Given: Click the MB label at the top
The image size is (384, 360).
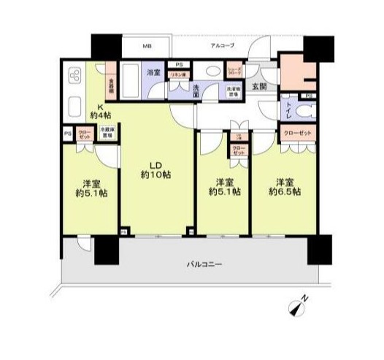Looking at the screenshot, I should point(147,46).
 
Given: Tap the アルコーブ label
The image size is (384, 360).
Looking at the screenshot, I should point(222,46).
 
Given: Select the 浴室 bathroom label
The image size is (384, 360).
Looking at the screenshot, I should point(153,72).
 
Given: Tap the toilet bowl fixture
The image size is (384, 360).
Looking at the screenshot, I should point(304,112).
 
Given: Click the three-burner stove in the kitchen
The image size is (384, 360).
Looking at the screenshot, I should point(75,76).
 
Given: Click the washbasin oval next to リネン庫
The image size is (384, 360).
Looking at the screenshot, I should point(212,72).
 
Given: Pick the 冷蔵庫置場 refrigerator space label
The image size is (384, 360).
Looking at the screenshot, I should point(107,134).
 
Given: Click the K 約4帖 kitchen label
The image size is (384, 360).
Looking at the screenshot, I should point(100,110).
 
